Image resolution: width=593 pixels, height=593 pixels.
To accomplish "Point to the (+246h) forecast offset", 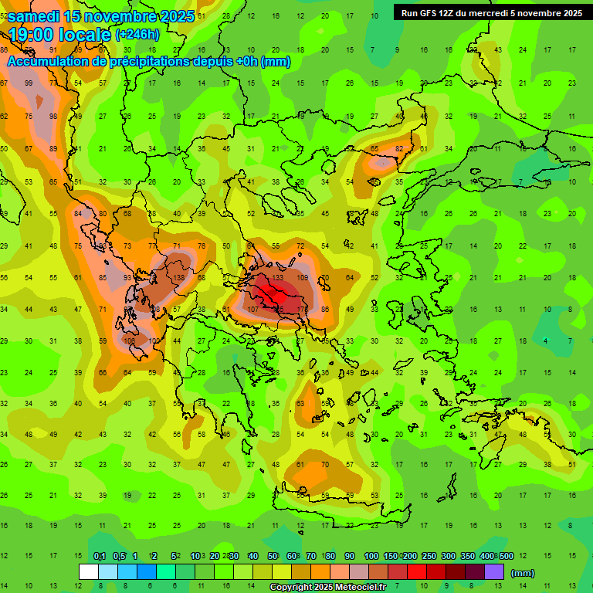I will pyautogui.click(x=137, y=35).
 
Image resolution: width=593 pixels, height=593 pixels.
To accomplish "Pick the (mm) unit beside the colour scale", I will pyautogui.click(x=523, y=573).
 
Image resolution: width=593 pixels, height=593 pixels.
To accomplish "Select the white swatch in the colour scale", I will pyautogui.click(x=89, y=572).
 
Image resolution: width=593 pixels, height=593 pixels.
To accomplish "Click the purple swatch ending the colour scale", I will pyautogui.click(x=494, y=572).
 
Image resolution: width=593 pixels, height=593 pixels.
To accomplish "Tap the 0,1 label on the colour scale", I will pyautogui.click(x=100, y=557).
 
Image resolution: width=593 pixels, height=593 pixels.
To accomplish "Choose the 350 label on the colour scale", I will pyautogui.click(x=467, y=557).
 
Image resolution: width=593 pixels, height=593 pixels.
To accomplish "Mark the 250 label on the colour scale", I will pyautogui.click(x=429, y=557).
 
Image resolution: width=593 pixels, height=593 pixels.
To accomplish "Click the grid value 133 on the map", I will pyautogui.click(x=277, y=278).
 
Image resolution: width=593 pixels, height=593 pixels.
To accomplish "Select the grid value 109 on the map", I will pyautogui.click(x=303, y=278).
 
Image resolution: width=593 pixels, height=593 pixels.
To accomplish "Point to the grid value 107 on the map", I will pyautogui.click(x=252, y=310).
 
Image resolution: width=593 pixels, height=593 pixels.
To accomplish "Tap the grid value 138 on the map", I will pyautogui.click(x=178, y=278).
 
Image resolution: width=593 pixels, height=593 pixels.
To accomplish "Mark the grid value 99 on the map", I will pyautogui.click(x=29, y=83).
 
